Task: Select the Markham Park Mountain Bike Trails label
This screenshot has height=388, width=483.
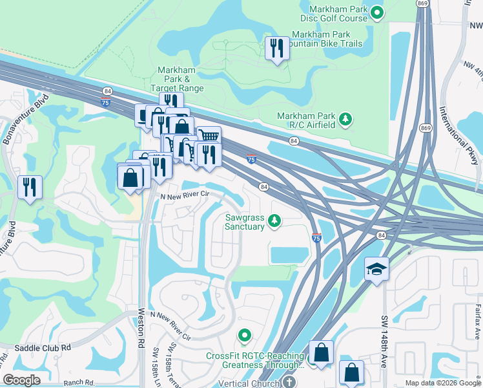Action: pos(326,39)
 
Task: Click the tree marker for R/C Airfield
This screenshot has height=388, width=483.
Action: pos(346,119)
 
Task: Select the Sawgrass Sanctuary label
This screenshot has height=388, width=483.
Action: pos(245,222)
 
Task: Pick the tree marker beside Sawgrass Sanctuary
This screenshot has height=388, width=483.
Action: pos(274,222)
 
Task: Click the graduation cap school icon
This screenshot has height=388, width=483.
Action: pos(376,269)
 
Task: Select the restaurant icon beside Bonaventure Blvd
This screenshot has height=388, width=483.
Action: pos(30,188)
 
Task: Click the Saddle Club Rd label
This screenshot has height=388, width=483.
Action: pos(46,348)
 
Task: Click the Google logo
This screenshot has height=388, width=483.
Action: pos(22,380)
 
